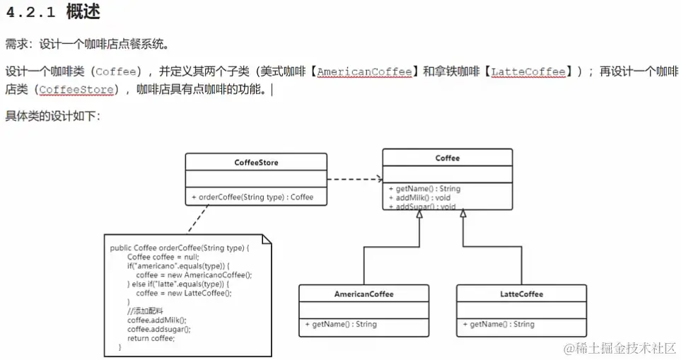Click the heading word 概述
[x=83, y=12]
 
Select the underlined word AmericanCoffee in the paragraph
[x=364, y=71]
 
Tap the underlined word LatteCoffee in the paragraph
[x=528, y=71]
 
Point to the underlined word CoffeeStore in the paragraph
[x=76, y=90]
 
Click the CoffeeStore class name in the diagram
[x=256, y=162]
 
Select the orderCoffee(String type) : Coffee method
[x=252, y=197]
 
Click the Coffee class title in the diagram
[x=447, y=158]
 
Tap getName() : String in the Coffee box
[x=424, y=189]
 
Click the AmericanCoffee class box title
[x=363, y=294]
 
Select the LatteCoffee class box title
[x=521, y=294]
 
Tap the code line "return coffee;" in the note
[x=151, y=338]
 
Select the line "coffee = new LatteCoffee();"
[x=183, y=293]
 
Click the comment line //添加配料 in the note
[x=146, y=311]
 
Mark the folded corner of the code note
[x=266, y=239]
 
